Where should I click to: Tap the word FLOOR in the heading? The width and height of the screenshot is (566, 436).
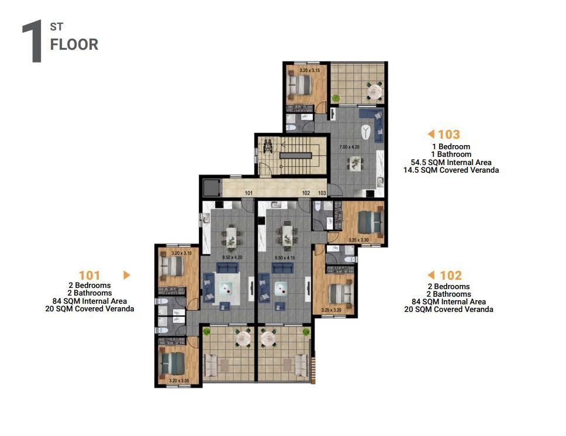(x=74, y=44)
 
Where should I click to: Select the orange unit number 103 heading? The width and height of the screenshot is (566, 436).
(x=448, y=135)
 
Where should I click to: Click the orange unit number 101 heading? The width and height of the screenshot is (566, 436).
(x=89, y=275)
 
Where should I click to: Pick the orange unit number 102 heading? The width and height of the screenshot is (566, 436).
(x=450, y=275)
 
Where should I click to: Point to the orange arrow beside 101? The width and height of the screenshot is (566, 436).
(x=126, y=275)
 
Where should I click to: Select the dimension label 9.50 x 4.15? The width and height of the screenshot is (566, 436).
(x=286, y=257)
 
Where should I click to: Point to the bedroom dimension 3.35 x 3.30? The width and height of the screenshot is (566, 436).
(x=359, y=240)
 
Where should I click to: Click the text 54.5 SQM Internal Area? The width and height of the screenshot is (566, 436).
(x=451, y=162)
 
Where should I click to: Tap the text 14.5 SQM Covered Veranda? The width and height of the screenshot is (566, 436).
(x=451, y=170)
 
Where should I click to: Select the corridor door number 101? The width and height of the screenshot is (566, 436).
(x=248, y=193)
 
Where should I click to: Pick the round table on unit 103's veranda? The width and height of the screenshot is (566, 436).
(x=372, y=91)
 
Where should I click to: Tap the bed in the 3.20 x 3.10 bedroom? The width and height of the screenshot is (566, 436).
(x=172, y=267)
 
